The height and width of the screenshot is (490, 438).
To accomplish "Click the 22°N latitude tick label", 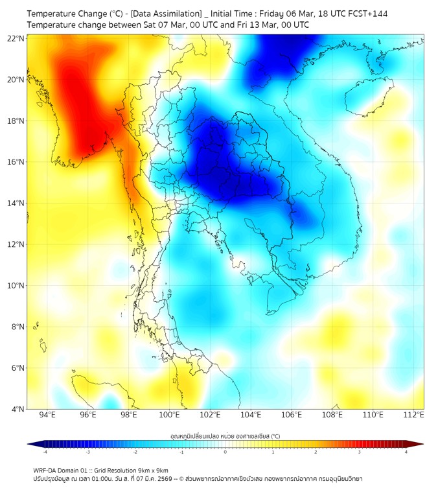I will pos(16,39).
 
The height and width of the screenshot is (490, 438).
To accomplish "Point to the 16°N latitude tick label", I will pos(16,162).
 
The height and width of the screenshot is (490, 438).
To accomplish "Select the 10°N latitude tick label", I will pos(16,286).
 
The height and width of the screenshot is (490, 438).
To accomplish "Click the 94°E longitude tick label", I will pos(47,415).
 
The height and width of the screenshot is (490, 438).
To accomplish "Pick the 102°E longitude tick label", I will pos(210,415).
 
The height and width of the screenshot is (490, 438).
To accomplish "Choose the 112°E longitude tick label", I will pos(413,415).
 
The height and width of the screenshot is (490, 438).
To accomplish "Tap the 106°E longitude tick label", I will pos(292,415).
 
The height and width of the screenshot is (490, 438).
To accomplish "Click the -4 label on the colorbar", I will pos(44,452).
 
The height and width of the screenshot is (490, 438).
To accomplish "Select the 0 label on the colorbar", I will pos(225,452).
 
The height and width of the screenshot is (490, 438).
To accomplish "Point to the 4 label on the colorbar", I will pos(406,452).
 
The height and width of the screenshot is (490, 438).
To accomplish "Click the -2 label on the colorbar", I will pos(134,452).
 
